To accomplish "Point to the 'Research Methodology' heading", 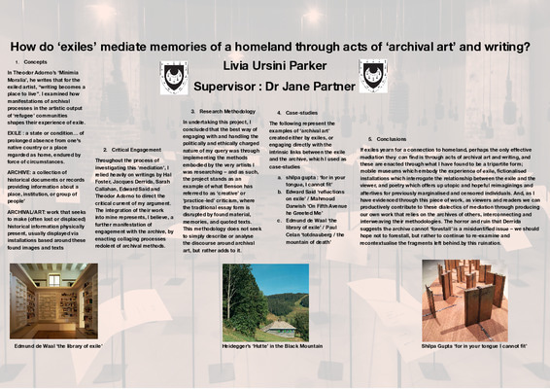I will point(226,112).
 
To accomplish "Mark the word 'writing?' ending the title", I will point(508,45).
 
